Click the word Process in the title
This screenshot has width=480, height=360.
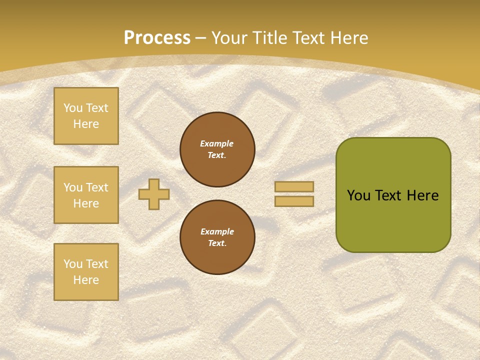pos(157,38)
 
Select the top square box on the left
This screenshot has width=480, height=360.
pos(86,116)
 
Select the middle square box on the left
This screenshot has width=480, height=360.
pos(86,195)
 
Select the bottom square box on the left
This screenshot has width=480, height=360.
pos(86,272)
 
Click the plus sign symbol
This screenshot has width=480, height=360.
pos(154,194)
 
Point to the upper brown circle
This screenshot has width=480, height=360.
pos(217,149)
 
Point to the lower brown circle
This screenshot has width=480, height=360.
pos(217,237)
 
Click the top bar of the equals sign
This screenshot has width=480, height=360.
pos(294,186)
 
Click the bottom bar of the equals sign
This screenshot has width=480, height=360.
pos(294,201)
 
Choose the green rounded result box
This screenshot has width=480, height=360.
pos(393,195)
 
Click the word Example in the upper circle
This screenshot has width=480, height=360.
pos(217,143)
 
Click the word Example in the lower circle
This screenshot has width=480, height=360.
pos(217,231)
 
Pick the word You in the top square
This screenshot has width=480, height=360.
pos(73,108)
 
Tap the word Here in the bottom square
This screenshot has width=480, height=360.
pos(86,280)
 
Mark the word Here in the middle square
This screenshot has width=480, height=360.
pos(86,203)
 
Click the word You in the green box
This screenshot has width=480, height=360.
pos(358,195)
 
